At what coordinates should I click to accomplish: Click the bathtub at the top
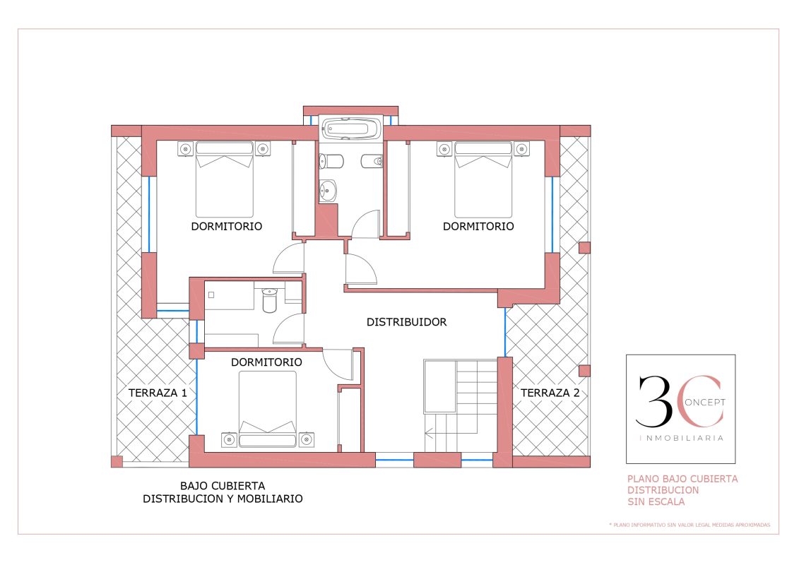point(350,129)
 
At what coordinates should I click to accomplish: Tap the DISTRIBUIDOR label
point(407,322)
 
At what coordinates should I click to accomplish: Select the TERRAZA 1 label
point(158,393)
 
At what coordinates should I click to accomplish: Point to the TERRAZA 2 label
point(550,393)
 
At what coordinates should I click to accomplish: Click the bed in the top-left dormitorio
point(225,179)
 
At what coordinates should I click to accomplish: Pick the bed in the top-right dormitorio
point(483,179)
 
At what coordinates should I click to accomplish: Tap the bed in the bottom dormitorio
point(268,409)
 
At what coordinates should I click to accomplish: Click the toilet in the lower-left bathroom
point(270,300)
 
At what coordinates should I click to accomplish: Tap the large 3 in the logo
point(653,402)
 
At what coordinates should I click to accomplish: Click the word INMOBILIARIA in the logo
point(681,438)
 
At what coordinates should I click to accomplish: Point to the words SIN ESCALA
point(656,502)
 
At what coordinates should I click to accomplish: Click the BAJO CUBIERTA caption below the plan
point(223,485)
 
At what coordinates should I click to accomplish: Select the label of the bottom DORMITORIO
point(266,362)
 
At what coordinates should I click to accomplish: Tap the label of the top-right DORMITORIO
point(478,226)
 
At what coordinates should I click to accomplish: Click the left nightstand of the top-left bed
point(186,149)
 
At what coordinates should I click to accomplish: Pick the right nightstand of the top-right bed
point(521,149)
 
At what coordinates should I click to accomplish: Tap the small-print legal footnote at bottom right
point(689,525)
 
